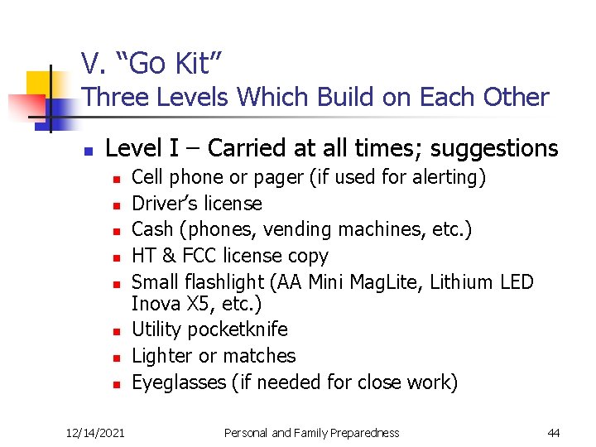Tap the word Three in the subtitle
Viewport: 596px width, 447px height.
(x=113, y=98)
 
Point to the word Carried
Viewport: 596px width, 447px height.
(x=248, y=148)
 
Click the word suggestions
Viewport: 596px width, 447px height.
(x=494, y=149)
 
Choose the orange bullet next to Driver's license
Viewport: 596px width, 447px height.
(x=118, y=204)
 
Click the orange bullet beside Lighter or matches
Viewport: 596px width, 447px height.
(x=118, y=358)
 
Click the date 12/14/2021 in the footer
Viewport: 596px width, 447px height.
(x=96, y=433)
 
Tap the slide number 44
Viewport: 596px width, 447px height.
(x=554, y=433)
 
